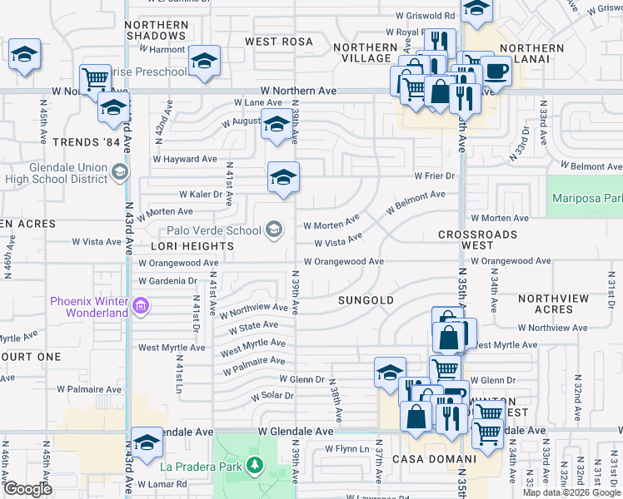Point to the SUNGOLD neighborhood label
366,299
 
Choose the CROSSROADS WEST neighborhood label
477,240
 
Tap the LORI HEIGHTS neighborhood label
192,247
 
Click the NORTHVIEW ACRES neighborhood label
553,304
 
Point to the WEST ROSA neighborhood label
278,42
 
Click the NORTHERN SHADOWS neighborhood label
157,31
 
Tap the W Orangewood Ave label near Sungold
343,261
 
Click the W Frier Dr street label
435,175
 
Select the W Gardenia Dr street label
169,281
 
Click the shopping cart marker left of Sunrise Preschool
95,79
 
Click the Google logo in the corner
27,489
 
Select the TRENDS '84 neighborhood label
81,142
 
